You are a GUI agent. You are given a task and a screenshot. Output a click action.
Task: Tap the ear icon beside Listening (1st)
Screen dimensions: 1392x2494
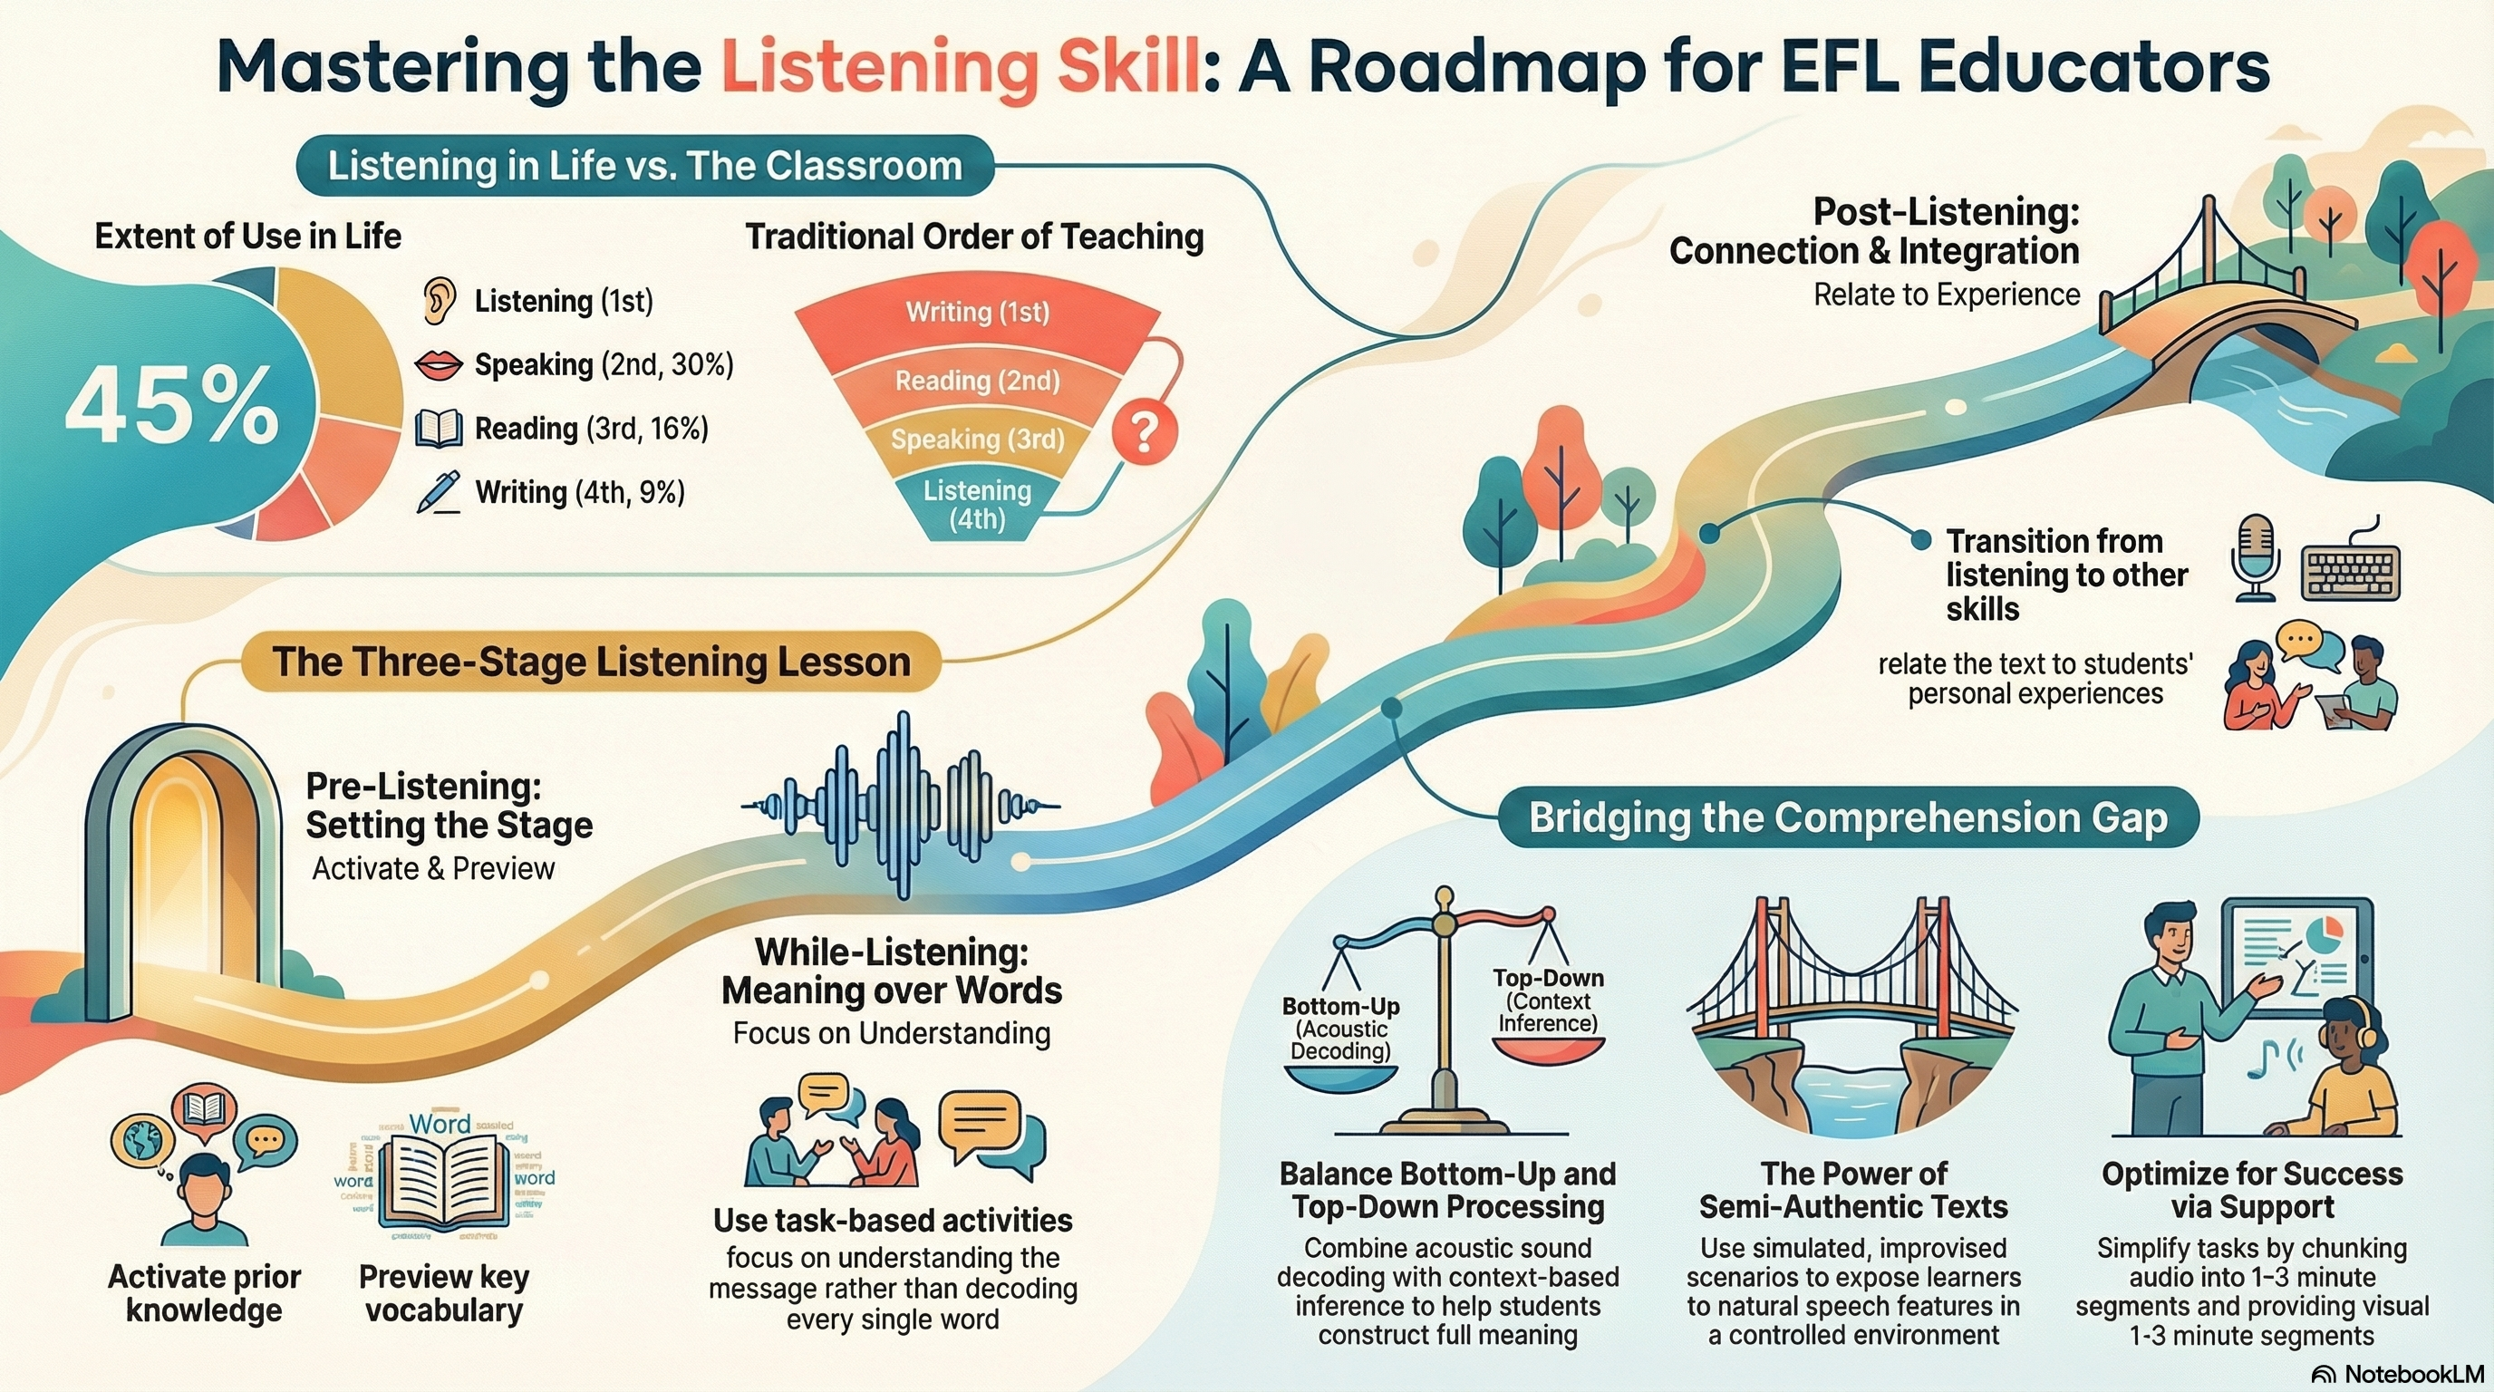pos(439,300)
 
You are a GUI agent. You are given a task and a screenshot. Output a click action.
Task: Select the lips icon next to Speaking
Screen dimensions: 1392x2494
pos(438,365)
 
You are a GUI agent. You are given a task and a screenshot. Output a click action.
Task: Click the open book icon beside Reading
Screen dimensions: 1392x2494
pos(439,428)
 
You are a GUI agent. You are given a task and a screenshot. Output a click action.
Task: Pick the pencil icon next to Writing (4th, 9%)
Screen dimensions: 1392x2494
pos(438,492)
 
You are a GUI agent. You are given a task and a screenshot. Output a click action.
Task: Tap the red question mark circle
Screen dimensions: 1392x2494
pos(1145,432)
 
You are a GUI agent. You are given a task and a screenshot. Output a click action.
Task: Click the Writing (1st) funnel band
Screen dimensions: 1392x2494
pos(977,313)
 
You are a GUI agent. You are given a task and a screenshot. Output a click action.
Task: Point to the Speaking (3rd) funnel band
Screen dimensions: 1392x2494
pos(977,440)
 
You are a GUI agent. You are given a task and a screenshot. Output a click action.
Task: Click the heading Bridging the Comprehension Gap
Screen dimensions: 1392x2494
pos(1847,818)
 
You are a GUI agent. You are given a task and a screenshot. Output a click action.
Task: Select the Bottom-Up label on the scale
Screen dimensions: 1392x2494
pos(1341,1007)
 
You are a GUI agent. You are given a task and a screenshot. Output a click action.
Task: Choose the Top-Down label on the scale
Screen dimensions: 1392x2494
pos(1547,979)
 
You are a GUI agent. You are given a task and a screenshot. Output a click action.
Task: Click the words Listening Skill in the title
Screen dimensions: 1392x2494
pos(961,67)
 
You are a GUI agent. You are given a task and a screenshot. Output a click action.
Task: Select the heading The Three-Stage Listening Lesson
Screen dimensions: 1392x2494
pos(591,662)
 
